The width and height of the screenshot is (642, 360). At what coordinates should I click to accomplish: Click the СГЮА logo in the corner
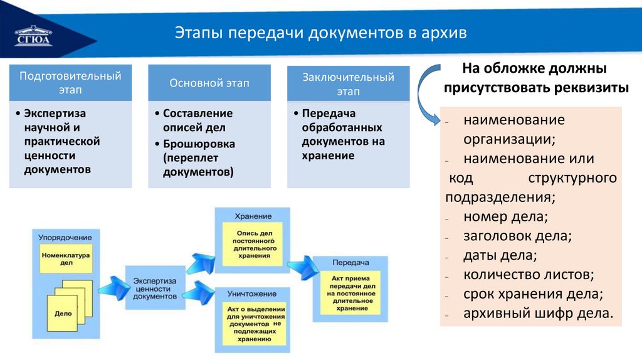[x=34, y=35]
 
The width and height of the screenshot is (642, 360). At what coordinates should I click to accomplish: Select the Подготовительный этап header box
[x=70, y=83]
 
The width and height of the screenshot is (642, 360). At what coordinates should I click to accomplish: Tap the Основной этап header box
[x=209, y=83]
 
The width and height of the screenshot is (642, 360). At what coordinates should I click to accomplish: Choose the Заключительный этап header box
[x=349, y=84]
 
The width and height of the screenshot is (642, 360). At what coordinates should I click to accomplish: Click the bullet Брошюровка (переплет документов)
[x=197, y=157]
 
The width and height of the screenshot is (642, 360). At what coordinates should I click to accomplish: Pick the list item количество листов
[x=529, y=275]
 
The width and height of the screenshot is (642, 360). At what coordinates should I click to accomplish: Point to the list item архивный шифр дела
[x=538, y=313]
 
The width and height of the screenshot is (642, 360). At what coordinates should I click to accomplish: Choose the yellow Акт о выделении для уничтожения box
[x=253, y=322]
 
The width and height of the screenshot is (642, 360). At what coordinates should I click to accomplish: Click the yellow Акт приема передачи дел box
[x=351, y=293]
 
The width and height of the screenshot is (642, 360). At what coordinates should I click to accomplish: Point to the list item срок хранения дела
[x=533, y=294]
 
